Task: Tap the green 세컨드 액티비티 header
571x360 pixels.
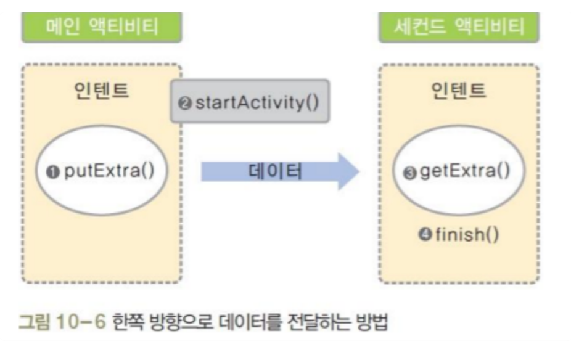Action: [x=459, y=27]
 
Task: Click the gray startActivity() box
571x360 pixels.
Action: [x=250, y=101]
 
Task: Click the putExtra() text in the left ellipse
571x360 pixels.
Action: [x=110, y=170]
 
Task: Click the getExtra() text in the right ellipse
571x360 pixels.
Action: [x=466, y=170]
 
